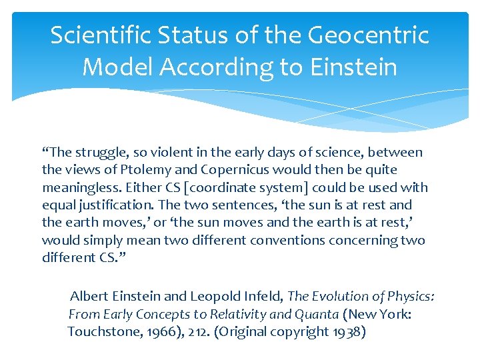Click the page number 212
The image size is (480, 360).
(194, 331)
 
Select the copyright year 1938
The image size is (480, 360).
(348, 331)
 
